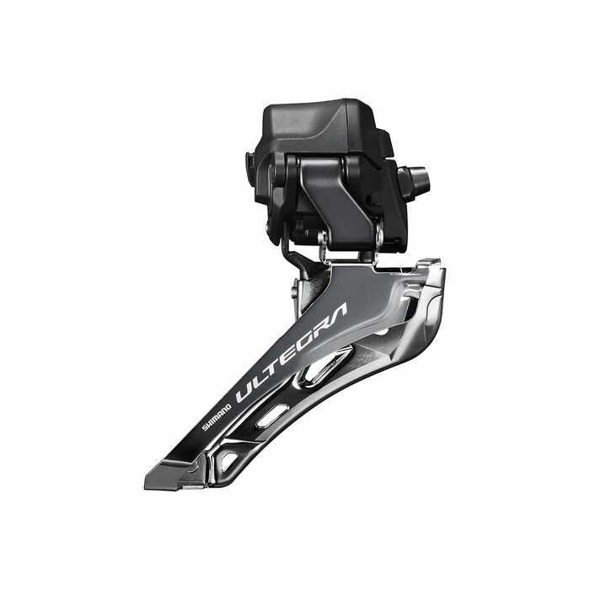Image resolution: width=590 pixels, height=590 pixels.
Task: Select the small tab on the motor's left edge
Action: [x=249, y=161]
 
